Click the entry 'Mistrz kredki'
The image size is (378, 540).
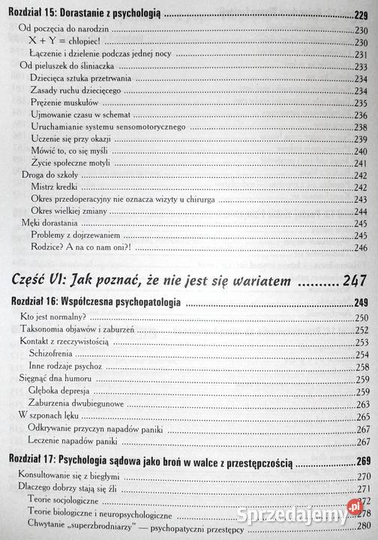tap(55, 187)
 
